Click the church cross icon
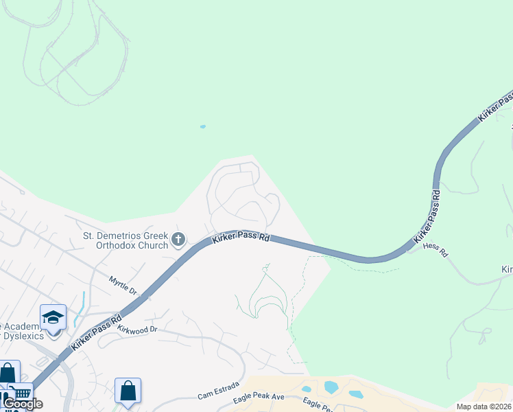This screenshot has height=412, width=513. coord(178,240)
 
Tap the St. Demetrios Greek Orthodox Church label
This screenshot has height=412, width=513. coord(126,240)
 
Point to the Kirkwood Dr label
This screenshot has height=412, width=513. coord(137,330)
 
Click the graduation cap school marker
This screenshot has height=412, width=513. coord(53,317)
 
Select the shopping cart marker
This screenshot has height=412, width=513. coord(21,395)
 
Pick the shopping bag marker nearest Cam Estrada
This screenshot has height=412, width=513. coord(128,391)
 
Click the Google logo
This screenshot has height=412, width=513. coord(23,404)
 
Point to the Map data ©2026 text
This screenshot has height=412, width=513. coord(484,407)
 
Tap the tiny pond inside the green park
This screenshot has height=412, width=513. coord(202,126)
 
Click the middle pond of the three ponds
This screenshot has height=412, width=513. coord(331,387)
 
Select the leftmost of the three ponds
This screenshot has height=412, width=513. coord(307,389)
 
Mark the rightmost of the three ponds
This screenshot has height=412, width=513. coord(356,394)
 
